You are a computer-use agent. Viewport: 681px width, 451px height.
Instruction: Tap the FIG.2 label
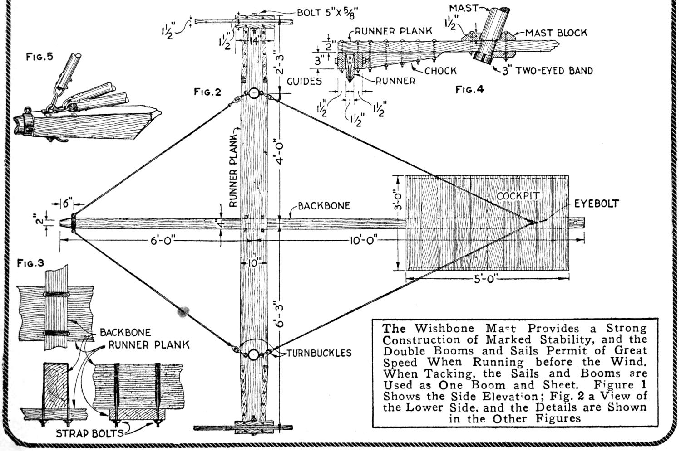[x=207, y=92]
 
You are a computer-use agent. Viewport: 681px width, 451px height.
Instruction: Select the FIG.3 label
[x=30, y=263]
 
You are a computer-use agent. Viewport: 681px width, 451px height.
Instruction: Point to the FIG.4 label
[x=470, y=90]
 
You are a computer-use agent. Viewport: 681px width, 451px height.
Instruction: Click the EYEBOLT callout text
[x=596, y=204]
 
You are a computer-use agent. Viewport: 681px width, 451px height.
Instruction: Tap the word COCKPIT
[x=518, y=196]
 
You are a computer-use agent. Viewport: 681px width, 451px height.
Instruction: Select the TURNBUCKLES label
[x=319, y=353]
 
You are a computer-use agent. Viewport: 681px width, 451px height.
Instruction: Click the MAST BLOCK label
[x=556, y=33]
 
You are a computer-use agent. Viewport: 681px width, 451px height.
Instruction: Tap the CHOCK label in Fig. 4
[x=440, y=71]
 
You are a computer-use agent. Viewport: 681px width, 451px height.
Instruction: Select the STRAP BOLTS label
[x=89, y=433]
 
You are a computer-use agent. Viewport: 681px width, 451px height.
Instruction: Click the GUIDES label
[x=304, y=81]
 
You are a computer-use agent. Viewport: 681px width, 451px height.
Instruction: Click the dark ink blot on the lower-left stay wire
[x=184, y=311]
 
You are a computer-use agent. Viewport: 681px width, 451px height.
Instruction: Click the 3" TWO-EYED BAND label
[x=547, y=71]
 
